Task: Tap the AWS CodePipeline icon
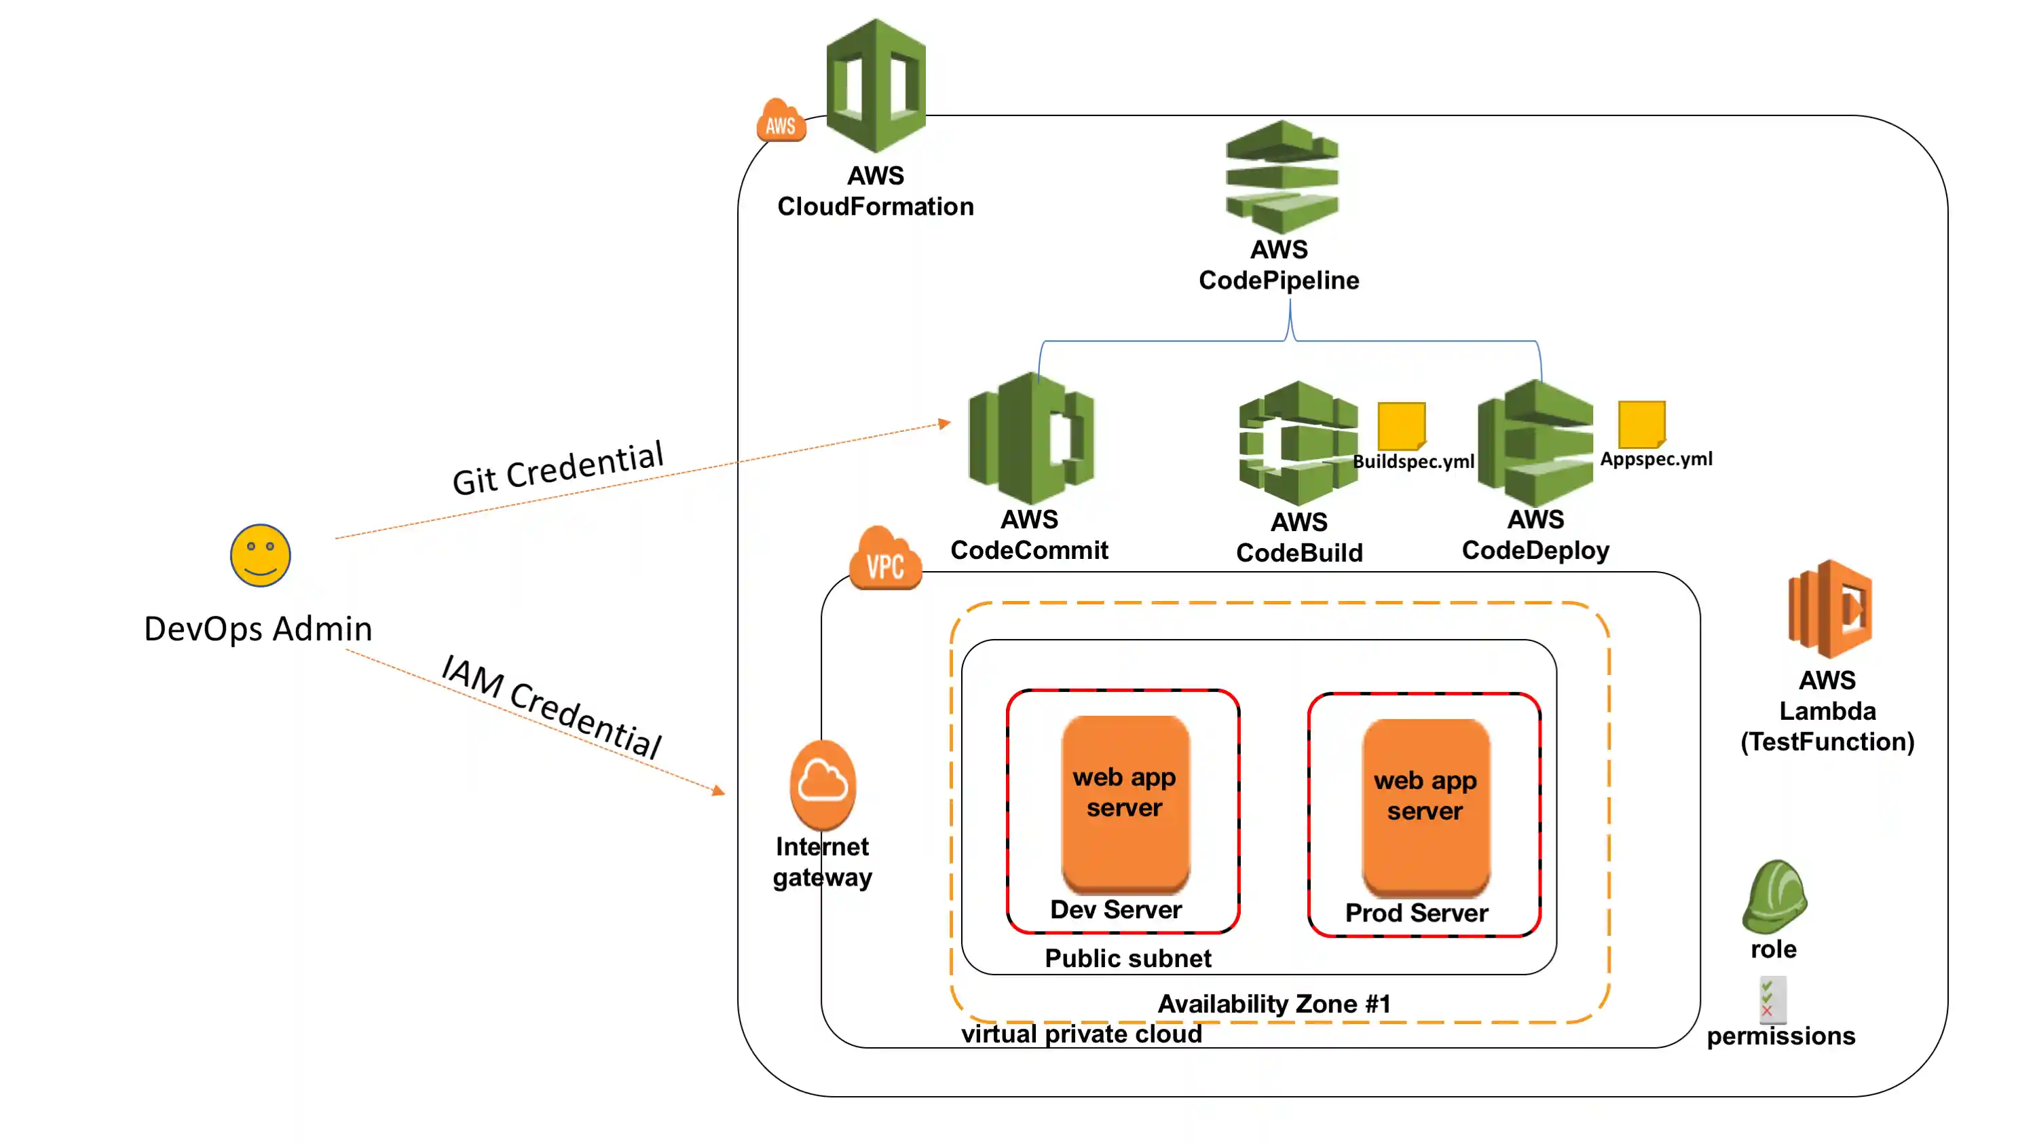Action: tap(1282, 178)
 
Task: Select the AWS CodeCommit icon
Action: tap(1031, 439)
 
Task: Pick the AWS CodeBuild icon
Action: tap(1298, 444)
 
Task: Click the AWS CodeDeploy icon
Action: tap(1535, 443)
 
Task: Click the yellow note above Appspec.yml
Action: tap(1641, 424)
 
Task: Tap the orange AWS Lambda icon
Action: tap(1829, 608)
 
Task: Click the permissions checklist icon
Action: tap(1772, 1000)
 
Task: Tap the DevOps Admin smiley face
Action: tap(260, 556)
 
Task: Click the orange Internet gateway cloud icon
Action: tap(823, 784)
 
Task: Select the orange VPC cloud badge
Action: tap(884, 560)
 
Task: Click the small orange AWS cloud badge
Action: tap(781, 122)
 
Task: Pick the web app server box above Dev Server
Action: tap(1124, 802)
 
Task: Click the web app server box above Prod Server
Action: tap(1425, 806)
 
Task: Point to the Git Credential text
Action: tap(558, 469)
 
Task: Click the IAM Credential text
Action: tap(551, 706)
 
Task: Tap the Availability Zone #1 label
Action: tap(1273, 1004)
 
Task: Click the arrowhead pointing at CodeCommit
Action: tap(944, 424)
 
